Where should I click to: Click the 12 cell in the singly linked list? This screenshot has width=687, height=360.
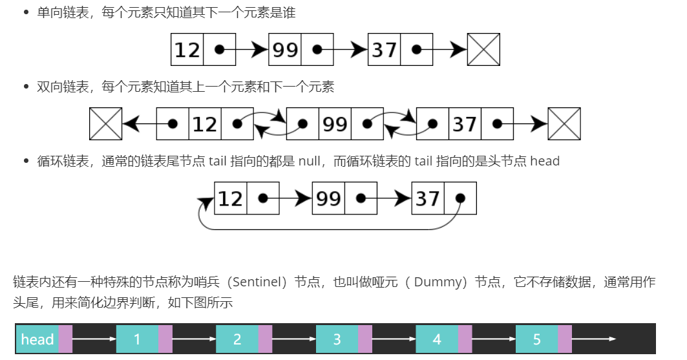(x=187, y=50)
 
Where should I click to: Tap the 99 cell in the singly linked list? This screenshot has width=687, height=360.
(x=285, y=50)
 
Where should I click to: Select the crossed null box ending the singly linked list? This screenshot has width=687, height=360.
(x=483, y=50)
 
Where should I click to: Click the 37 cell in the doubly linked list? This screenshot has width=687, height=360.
(x=465, y=123)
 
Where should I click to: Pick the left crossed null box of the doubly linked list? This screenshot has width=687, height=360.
(x=105, y=123)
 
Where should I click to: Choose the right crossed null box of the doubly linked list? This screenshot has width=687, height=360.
(x=564, y=123)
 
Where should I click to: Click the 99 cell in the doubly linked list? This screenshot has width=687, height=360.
(x=335, y=123)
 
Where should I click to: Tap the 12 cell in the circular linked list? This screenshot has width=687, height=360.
(x=231, y=198)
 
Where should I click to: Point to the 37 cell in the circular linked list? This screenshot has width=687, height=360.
(x=428, y=198)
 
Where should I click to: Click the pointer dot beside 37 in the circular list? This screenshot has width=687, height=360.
(x=460, y=198)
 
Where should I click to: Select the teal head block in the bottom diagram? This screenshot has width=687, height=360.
(x=37, y=339)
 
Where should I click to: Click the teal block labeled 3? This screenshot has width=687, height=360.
(x=337, y=339)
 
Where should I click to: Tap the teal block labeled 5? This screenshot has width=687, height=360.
(x=536, y=339)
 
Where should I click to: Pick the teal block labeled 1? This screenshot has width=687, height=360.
(x=137, y=339)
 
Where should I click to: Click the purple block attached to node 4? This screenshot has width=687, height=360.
(x=465, y=339)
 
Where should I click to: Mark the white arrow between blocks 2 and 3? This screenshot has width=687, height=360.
(x=293, y=339)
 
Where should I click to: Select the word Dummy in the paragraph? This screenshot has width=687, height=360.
(x=439, y=282)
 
